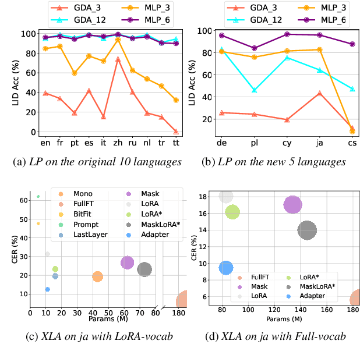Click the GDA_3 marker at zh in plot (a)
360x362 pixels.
point(118,59)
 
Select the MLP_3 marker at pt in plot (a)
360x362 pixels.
point(75,73)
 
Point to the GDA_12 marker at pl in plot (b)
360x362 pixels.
point(254,90)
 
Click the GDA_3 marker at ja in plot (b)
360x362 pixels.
point(319,93)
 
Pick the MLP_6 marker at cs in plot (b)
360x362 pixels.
point(352,44)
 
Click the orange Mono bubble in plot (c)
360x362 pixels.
point(98,276)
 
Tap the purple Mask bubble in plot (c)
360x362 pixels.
point(128,263)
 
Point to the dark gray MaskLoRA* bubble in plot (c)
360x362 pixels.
point(144,269)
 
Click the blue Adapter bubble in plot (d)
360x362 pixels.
point(226,268)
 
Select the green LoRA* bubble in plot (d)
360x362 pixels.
point(232,212)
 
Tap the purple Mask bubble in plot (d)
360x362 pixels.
point(292,205)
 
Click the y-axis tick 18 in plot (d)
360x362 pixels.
point(209,197)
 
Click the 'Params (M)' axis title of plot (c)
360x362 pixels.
point(109,320)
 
